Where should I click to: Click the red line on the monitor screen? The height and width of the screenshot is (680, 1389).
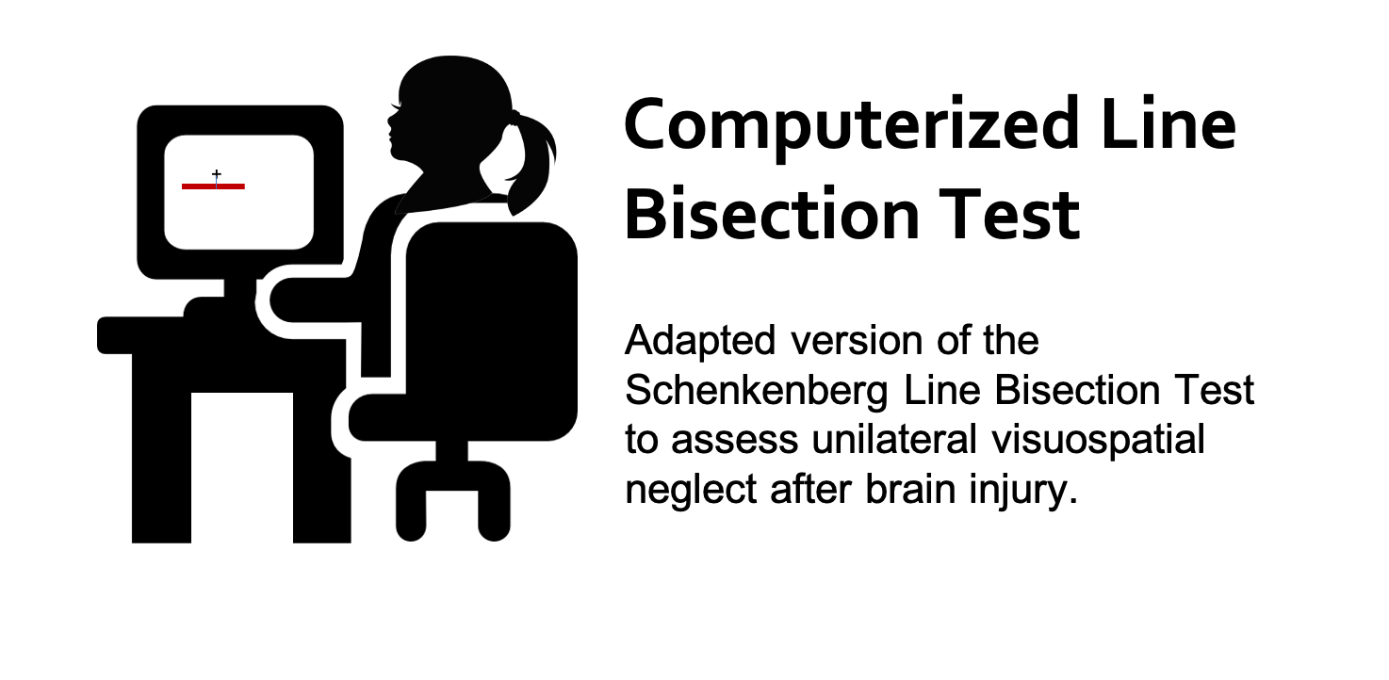(x=213, y=186)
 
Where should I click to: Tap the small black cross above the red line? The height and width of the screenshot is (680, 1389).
(x=217, y=174)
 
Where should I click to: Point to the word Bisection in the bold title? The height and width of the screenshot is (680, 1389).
(x=772, y=213)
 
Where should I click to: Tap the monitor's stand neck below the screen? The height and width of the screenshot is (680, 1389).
(x=240, y=288)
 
